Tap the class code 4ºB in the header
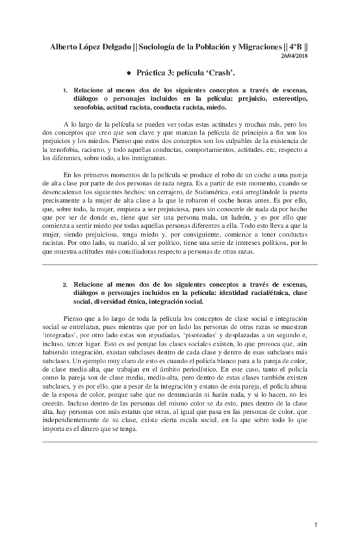294,47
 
